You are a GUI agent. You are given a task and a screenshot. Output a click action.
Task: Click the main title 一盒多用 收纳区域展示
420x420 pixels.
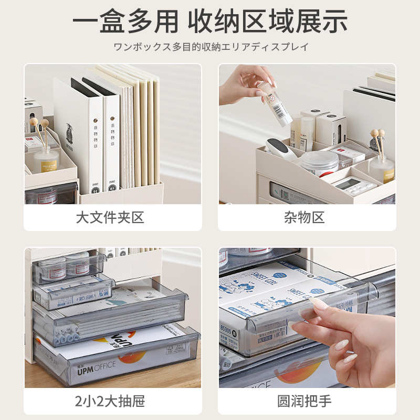210,22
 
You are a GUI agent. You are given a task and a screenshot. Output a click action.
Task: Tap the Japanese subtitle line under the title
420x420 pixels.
210,47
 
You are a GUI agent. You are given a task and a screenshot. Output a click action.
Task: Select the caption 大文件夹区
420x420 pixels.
112,217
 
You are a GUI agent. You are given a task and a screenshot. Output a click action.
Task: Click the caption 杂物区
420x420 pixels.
307,217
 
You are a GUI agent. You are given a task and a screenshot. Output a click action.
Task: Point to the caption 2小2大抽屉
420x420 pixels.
112,402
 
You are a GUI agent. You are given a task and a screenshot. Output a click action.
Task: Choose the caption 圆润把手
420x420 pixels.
307,402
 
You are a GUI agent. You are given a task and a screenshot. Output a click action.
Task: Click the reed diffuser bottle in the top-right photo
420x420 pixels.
382,167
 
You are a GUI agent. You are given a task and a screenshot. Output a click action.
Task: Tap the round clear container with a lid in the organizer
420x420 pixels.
319,163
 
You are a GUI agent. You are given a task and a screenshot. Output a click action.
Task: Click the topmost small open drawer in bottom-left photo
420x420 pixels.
68,268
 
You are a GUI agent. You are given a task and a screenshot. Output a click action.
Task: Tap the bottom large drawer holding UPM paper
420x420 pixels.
115,357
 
